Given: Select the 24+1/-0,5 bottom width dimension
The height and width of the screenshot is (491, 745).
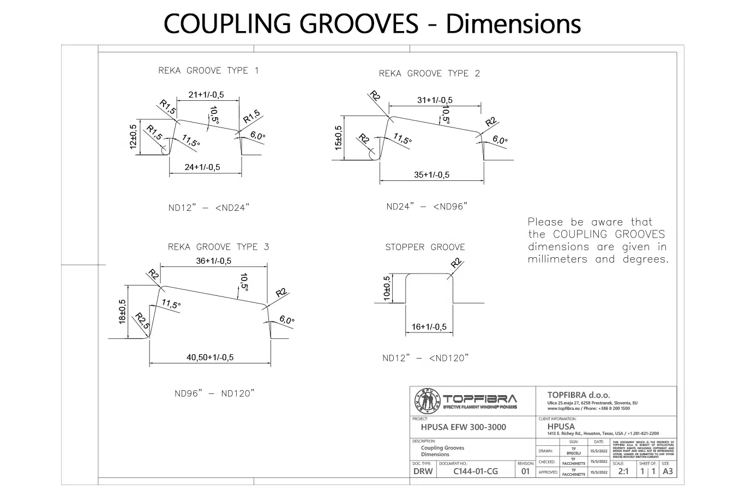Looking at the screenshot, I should pos(202,167).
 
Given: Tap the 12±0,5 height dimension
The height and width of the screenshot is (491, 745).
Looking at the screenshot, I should pos(134,137).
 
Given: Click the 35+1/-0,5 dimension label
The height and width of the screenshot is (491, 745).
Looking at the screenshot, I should pos(431,175).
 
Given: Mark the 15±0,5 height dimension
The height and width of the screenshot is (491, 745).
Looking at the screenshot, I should pos(339,138).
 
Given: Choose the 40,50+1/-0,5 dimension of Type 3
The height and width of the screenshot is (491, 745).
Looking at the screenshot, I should pos(210,357).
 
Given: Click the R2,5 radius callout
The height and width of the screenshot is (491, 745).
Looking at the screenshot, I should pos(142,320).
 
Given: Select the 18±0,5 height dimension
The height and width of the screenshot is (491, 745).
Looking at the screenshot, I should pos(122,312).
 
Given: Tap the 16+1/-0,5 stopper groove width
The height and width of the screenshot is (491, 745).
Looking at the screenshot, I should pos(429,327).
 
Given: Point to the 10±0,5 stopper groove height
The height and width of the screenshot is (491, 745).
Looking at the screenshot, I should pos(387,288).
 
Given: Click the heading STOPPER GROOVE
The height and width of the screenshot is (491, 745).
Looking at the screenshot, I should pos(425,247).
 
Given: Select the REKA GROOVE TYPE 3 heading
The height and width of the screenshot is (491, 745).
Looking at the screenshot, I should pos(218,247).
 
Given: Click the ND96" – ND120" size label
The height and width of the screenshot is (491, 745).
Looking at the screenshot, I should pos(214,393).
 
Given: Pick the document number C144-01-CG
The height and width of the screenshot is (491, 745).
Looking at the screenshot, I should pos(476,471).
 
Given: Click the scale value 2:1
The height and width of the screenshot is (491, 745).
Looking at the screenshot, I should pos(623,471).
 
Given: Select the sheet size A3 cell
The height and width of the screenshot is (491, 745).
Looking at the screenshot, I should pos(668,471).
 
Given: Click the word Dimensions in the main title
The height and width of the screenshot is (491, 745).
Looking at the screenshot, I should pos(513,23).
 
